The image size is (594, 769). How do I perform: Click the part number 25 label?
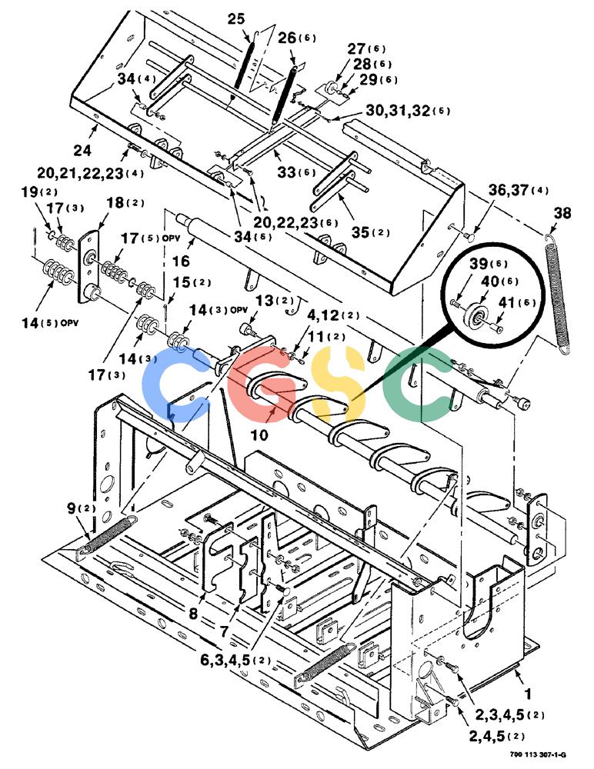pyautogui.click(x=235, y=18)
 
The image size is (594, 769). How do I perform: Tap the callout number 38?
pyautogui.click(x=562, y=213)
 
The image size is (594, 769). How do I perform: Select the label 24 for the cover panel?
pyautogui.click(x=82, y=150)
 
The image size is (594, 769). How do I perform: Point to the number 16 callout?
pyautogui.click(x=181, y=261)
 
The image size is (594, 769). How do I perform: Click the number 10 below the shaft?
pyautogui.click(x=260, y=434)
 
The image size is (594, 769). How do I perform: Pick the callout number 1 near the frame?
pyautogui.click(x=529, y=694)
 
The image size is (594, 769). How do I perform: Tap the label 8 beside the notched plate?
pyautogui.click(x=193, y=614)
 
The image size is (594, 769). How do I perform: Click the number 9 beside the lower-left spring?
pyautogui.click(x=72, y=508)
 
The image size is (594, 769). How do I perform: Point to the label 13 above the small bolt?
pyautogui.click(x=265, y=300)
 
